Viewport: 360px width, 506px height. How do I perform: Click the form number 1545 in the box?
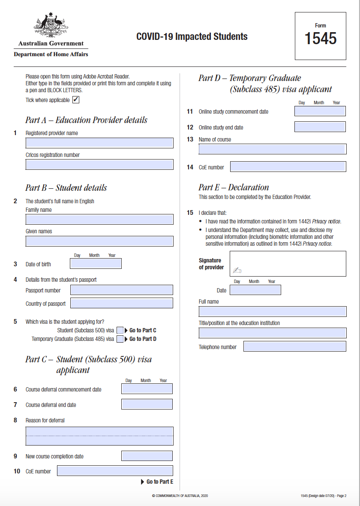coord(321,39)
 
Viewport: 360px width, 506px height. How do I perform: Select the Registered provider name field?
coord(99,143)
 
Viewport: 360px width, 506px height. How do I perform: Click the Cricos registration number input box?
coord(99,165)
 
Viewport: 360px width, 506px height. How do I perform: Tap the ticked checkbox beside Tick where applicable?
coord(76,100)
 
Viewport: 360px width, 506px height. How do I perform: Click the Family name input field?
coord(99,220)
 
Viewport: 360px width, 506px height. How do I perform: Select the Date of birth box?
coord(96,264)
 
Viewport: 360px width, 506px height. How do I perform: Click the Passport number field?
coord(122,290)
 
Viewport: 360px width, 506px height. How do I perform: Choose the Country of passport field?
coord(122,303)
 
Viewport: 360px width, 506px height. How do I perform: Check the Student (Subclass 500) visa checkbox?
coord(120,330)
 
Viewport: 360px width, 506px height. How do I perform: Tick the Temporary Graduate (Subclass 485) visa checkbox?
coord(120,339)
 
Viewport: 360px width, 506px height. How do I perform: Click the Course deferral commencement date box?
coord(147,389)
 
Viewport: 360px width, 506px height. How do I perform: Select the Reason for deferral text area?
coord(99,436)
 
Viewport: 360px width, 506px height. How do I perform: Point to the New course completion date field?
coord(147,456)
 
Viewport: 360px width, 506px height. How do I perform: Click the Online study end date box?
coord(320,127)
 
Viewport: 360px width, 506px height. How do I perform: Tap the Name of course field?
coord(273,149)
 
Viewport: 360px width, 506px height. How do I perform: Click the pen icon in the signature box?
coord(237,270)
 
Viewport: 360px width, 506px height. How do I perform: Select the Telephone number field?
coord(295,346)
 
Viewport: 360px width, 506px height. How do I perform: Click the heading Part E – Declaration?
coord(234,187)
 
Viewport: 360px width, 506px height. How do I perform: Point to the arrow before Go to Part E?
coord(143,482)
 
